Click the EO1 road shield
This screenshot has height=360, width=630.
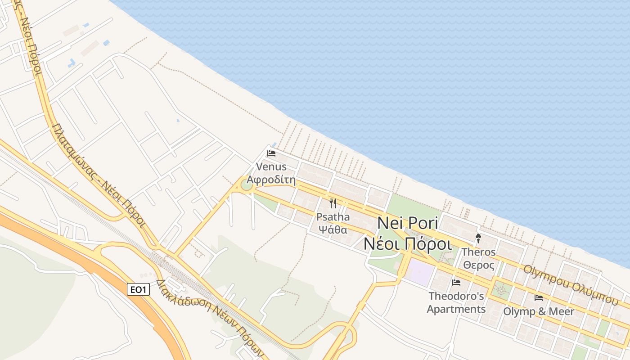coord(138,289)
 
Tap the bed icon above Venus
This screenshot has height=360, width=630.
coord(271,153)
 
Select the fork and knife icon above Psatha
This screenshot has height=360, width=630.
coord(333,203)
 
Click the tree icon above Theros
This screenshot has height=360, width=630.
coord(478,238)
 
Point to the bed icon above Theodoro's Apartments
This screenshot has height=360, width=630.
coord(456,283)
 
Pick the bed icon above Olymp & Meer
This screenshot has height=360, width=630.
coord(538,297)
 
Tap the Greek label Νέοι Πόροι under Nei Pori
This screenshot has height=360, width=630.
coord(407,243)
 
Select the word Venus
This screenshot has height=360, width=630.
coord(271,166)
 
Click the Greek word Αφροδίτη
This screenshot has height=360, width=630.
coord(271,180)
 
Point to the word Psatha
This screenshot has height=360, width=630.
coord(333,217)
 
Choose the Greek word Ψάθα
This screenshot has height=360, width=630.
coord(333,229)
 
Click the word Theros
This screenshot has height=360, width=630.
coord(479,252)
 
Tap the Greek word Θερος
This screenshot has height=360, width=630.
coord(479,265)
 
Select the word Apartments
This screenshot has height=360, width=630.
coord(456,309)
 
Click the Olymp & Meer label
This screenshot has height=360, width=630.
coord(538,311)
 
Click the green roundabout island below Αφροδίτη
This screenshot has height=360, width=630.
coord(246,185)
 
